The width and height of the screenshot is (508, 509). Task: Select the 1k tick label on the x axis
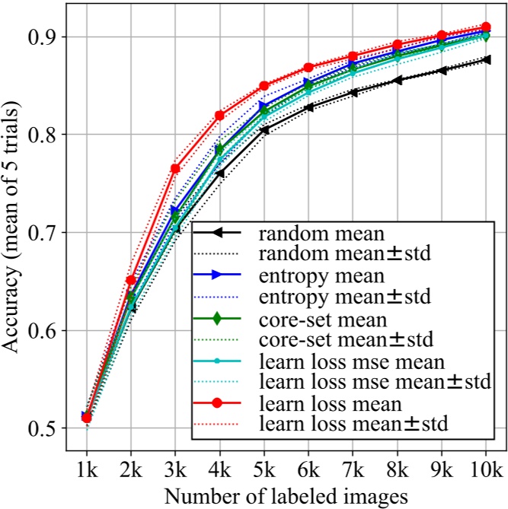point(85,463)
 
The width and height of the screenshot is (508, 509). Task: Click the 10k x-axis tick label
point(485,463)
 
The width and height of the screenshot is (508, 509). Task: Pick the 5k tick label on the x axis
point(264,463)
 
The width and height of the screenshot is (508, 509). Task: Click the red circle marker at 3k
point(175,168)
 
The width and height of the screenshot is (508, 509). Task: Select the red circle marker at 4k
point(219,115)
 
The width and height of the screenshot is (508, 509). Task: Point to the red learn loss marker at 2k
point(130,281)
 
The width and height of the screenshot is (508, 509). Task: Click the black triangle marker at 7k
point(353,93)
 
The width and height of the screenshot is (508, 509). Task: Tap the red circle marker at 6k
point(308,68)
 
